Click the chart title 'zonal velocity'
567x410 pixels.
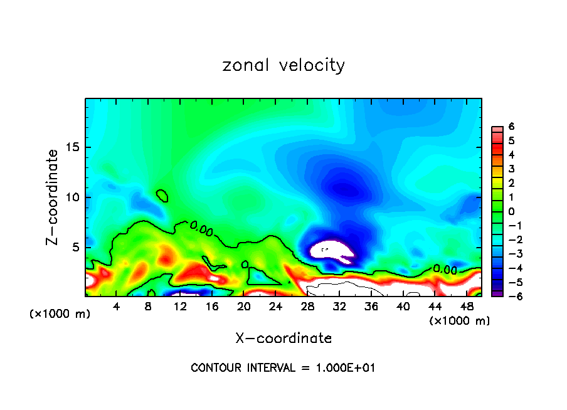283,65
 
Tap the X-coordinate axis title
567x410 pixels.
283,339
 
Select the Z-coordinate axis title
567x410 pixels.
53,196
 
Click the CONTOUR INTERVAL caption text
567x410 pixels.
283,368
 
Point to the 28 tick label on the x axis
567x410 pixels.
307,306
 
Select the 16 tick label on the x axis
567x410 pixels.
212,306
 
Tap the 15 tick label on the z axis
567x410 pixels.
71,148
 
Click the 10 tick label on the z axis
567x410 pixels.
71,197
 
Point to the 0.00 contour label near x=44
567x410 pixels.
444,270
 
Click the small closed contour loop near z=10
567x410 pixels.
162,196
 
